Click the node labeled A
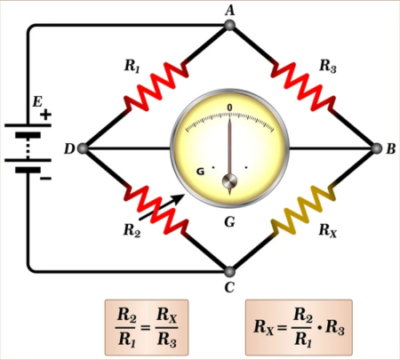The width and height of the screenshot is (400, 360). click(230, 25)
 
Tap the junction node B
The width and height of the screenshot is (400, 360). click(375, 148)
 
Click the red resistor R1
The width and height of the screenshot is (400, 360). click(158, 87)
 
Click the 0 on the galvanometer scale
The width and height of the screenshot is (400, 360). click(230, 108)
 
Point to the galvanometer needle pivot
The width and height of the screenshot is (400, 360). click(230, 183)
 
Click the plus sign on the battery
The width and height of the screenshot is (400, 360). click(45, 115)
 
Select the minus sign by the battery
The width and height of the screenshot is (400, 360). click(45, 179)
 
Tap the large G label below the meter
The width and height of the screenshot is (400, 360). click(229, 220)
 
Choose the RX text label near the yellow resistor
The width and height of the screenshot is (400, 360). click(328, 230)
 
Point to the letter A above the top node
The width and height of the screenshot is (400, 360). click(230, 8)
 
